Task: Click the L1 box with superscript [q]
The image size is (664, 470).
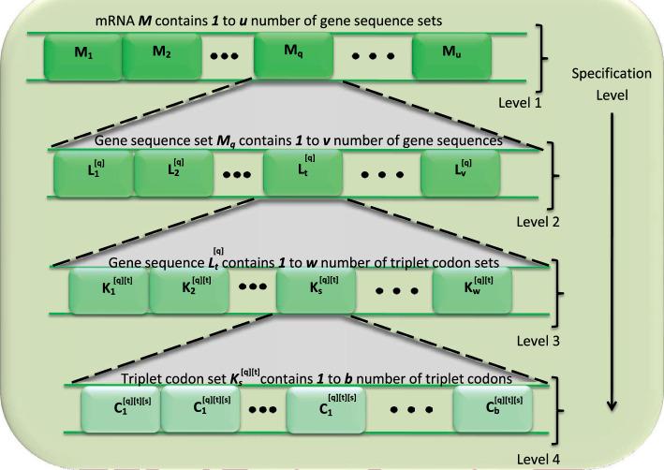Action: click(94, 174)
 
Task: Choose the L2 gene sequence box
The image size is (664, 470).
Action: click(173, 174)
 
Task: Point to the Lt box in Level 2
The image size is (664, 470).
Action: click(302, 174)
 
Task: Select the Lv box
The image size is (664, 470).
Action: click(459, 174)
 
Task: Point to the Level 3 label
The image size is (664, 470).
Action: click(544, 341)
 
